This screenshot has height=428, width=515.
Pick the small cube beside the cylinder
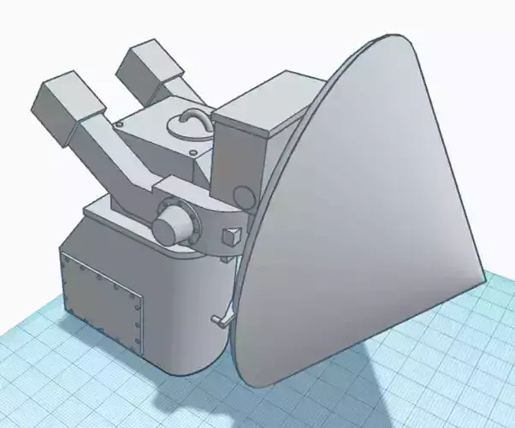pos(230,236)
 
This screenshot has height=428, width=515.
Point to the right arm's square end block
pos(152,67)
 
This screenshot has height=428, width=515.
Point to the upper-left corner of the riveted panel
pos(62,255)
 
